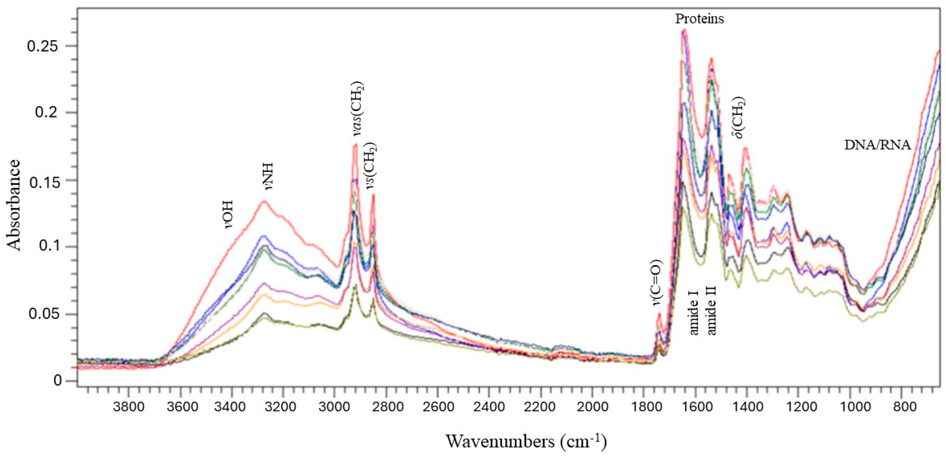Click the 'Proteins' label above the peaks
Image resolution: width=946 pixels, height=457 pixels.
click(x=699, y=18)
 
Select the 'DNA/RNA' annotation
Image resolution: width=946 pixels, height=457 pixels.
click(x=877, y=145)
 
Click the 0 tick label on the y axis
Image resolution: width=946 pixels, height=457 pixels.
click(x=57, y=381)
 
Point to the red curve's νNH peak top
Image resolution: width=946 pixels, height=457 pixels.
click(x=263, y=201)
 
